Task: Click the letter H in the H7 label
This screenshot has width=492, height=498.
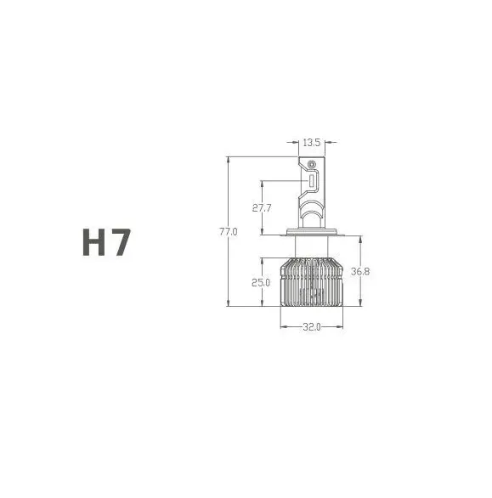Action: (94, 242)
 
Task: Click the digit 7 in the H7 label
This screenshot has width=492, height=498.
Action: (121, 242)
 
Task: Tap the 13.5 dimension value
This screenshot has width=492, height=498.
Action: (311, 143)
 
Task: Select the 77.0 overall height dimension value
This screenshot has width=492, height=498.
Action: (229, 232)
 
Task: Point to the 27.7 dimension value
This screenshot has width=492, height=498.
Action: (262, 208)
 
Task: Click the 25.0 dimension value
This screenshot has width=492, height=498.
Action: (261, 283)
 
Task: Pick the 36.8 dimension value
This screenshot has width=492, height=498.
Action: (360, 272)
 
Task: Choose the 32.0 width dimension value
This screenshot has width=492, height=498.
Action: (312, 327)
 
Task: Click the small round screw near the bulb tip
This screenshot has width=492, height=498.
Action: (312, 164)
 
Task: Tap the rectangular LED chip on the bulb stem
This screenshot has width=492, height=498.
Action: (312, 180)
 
